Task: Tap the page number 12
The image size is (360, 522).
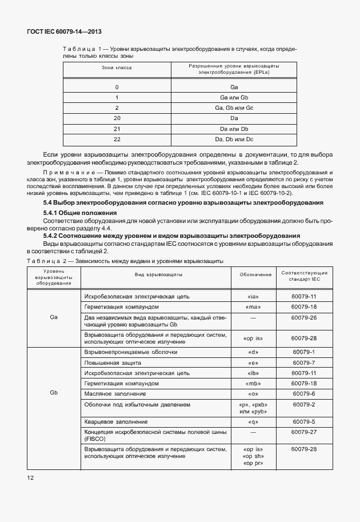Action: point(30,476)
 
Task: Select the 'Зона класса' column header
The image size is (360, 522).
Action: point(117,67)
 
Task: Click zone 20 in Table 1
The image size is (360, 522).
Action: point(117,118)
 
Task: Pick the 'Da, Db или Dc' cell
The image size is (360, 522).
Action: point(234,139)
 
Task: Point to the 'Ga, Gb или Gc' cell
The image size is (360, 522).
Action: point(234,107)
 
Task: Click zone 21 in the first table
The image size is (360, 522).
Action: point(117,129)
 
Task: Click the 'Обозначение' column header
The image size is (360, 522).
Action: point(255,275)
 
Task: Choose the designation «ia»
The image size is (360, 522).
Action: point(255,297)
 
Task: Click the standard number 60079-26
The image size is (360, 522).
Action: point(303,317)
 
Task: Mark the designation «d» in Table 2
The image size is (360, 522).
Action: point(255,352)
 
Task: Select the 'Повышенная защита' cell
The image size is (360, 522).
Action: point(113,362)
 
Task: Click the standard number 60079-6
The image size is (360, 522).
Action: point(303,393)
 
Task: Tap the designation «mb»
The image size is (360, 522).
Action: point(255,383)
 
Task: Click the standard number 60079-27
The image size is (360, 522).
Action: point(303,432)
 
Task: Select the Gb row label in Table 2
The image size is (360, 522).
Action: point(54,393)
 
